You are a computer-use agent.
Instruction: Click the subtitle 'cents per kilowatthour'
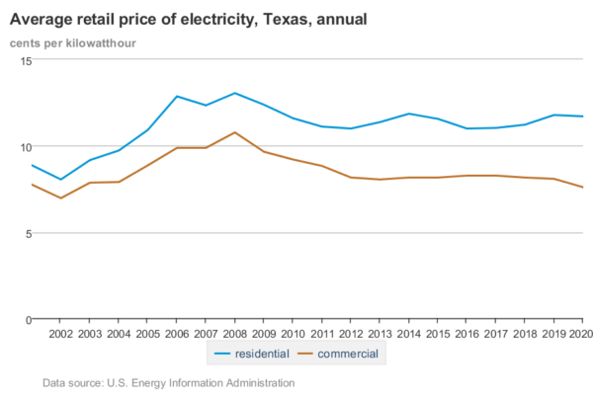(x=73, y=43)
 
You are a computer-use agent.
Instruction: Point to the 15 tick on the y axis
(x=26, y=61)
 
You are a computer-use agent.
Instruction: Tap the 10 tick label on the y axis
(x=26, y=147)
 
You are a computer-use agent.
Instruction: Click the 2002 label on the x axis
(x=60, y=334)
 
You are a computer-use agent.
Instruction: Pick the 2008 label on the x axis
(x=233, y=334)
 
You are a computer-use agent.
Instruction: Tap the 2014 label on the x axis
(x=407, y=334)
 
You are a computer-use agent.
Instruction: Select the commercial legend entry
(x=334, y=353)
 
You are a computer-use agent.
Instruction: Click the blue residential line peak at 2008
(x=233, y=93)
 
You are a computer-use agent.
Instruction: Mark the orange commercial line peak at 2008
(x=233, y=132)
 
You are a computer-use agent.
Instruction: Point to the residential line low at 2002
(x=60, y=180)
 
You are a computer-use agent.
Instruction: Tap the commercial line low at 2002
(x=60, y=198)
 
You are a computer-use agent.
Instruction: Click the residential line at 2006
(x=176, y=97)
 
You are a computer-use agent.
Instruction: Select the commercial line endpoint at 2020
(x=581, y=188)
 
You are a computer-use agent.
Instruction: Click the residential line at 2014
(x=407, y=114)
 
